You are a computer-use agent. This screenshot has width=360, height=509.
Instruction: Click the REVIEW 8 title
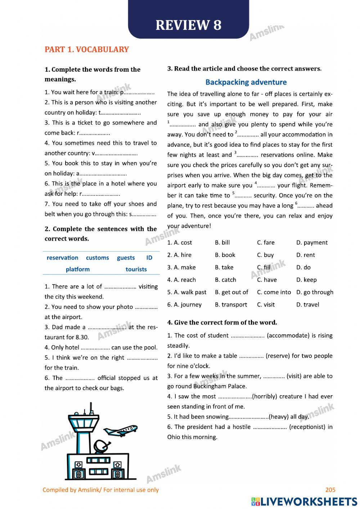pos(188,25)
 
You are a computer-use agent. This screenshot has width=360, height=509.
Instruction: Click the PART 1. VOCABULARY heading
pos(86,49)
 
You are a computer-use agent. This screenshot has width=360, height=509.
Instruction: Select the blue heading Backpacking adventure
pos(246,82)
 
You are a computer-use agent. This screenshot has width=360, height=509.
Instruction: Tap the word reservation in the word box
pos(62,258)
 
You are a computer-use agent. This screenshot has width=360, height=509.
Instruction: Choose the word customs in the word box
pos(97,258)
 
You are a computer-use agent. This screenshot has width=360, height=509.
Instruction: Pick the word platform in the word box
pos(77,269)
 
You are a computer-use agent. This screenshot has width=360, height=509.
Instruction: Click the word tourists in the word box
pos(136,269)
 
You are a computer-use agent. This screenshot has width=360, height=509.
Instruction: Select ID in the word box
pos(149,258)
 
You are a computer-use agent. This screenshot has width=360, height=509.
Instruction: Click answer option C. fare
pos(266,242)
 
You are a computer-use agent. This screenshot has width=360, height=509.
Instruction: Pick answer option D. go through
pos(315,292)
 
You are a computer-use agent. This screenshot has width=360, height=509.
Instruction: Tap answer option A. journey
pos(184,304)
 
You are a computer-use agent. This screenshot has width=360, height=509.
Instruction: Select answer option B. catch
pos(225,280)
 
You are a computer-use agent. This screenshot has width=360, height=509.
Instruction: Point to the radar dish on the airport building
pos(101,446)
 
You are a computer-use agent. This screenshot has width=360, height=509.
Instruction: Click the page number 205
pos(330,490)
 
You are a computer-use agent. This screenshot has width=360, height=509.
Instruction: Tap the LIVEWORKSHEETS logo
pos(304,501)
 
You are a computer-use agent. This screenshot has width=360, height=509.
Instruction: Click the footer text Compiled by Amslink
pos(100,490)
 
